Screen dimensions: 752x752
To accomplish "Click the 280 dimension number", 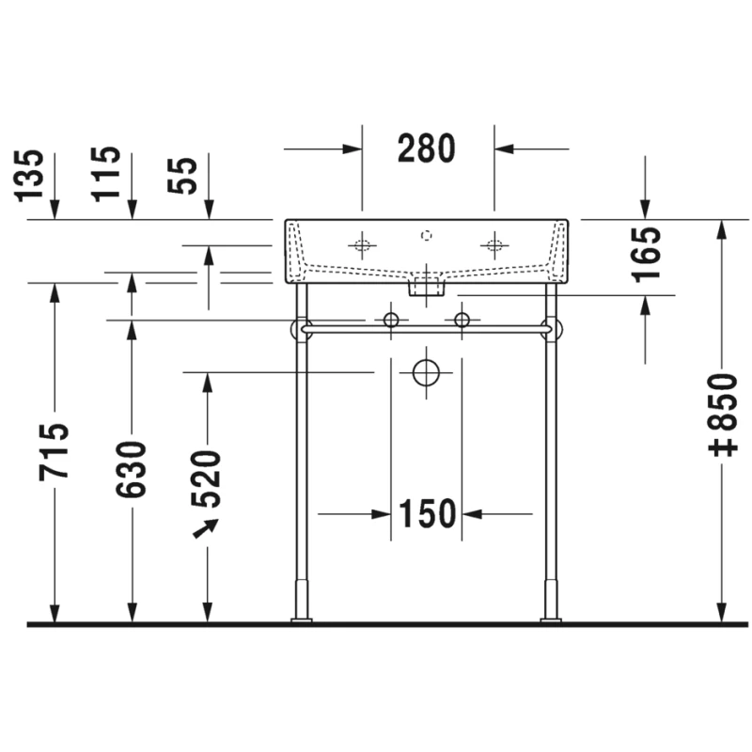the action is [x=427, y=149].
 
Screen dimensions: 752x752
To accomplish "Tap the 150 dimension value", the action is [x=427, y=513].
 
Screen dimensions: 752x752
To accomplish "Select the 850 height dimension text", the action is [x=723, y=415].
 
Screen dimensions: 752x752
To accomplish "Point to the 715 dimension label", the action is [x=54, y=452].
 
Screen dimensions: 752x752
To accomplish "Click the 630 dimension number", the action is [x=131, y=469].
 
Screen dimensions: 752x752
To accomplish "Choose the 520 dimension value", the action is [x=206, y=479].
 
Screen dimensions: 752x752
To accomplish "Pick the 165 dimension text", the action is [x=646, y=255].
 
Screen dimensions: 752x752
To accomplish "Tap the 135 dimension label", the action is [x=29, y=176].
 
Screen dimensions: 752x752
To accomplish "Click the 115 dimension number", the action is [x=105, y=174].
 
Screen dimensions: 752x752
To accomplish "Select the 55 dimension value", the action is [x=182, y=176].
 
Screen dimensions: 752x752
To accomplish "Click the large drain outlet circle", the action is [x=426, y=372].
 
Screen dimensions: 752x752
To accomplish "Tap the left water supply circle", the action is [x=391, y=320].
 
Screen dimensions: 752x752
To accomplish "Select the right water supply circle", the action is [x=462, y=320].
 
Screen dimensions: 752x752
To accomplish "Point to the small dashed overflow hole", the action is [x=427, y=236].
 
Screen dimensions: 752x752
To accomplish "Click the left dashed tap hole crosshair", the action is [x=362, y=245].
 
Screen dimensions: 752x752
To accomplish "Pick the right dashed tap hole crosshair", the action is [x=494, y=245].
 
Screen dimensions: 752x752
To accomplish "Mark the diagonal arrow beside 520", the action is [x=205, y=529].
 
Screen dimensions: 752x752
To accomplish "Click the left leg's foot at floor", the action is [x=301, y=620].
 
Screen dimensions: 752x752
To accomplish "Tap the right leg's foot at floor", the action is [x=551, y=620].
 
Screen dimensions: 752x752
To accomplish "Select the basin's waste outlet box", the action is [x=427, y=287].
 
